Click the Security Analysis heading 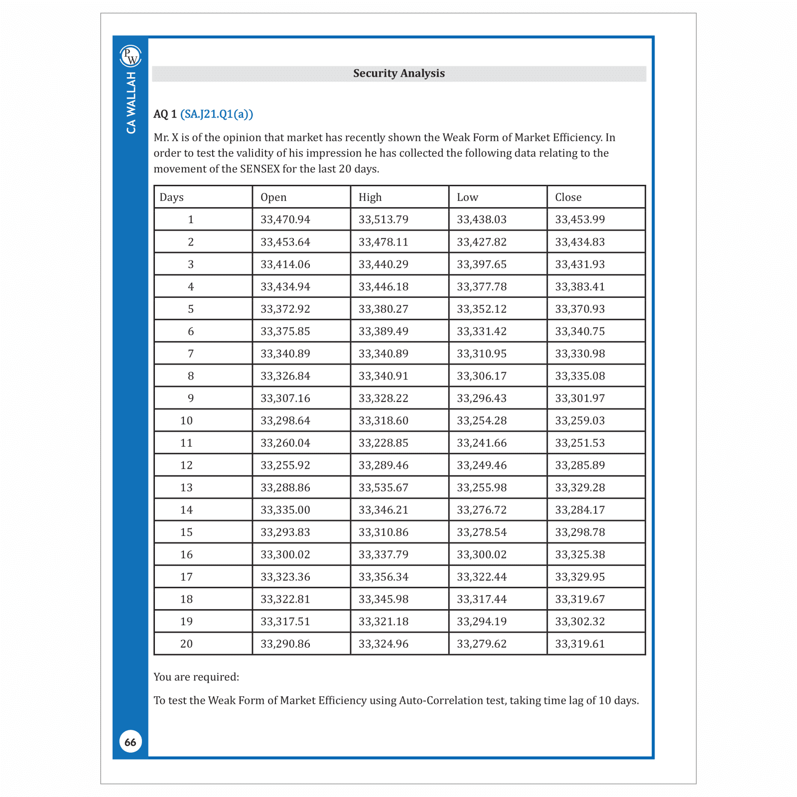[x=398, y=73]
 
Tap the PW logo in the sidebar [x=131, y=56]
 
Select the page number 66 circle [x=131, y=742]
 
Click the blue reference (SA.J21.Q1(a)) [x=217, y=114]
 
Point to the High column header [x=370, y=197]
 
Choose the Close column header [x=568, y=197]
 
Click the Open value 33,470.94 [x=285, y=220]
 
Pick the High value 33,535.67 [x=383, y=488]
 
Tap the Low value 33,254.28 [x=481, y=421]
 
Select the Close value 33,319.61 [x=580, y=644]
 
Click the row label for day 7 [x=191, y=354]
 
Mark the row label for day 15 [x=186, y=532]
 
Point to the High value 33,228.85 [x=383, y=443]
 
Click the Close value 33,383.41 [x=580, y=287]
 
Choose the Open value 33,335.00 [x=285, y=510]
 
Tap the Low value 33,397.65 [x=481, y=265]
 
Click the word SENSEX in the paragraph [x=260, y=169]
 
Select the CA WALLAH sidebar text [x=131, y=103]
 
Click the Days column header [x=171, y=197]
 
